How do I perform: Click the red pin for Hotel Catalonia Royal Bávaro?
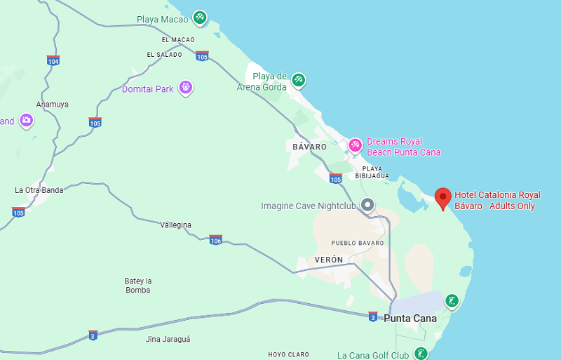[442, 198]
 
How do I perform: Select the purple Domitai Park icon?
[185, 88]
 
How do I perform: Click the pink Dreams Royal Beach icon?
[356, 145]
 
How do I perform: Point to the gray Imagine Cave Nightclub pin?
[367, 205]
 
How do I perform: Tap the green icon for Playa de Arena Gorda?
[299, 80]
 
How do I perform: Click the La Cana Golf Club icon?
[421, 354]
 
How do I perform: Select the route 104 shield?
[53, 60]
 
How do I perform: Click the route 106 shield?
[215, 240]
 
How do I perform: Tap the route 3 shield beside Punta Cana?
[373, 316]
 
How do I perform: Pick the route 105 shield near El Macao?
[202, 55]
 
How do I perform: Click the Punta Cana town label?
[410, 319]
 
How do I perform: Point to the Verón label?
[329, 260]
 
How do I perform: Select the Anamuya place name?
[53, 104]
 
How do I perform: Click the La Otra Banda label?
[39, 190]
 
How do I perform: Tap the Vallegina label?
[175, 225]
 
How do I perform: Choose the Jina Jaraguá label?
[168, 339]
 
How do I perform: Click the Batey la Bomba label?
[138, 285]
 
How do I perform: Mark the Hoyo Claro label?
[288, 355]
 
